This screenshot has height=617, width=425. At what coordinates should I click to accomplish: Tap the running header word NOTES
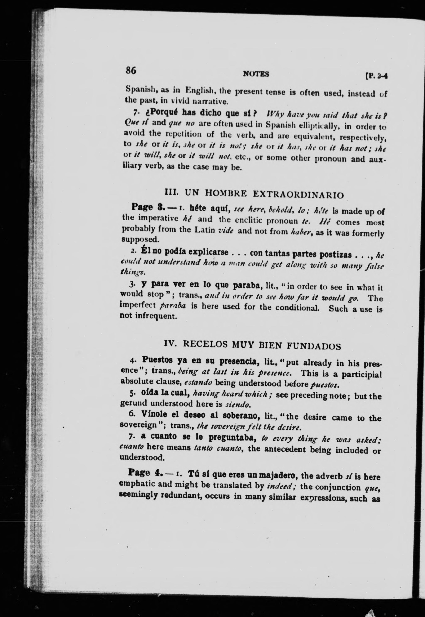pos(256,74)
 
